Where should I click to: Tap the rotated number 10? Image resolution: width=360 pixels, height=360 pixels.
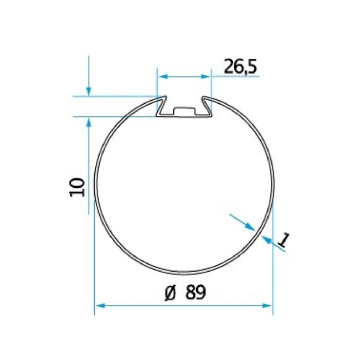(77, 187)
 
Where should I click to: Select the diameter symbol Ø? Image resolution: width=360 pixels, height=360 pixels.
(171, 293)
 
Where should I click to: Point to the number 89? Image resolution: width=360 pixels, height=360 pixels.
(195, 293)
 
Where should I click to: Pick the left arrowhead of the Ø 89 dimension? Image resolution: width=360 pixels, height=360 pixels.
(99, 305)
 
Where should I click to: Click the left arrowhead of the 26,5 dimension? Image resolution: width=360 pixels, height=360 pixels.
(162, 77)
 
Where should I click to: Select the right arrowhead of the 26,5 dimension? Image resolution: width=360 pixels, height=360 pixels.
(207, 77)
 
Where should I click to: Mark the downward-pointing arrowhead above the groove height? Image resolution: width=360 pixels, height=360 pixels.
(88, 91)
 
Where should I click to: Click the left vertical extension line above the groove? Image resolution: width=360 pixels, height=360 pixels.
(157, 83)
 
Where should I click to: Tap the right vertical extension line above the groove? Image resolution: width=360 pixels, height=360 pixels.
(212, 83)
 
